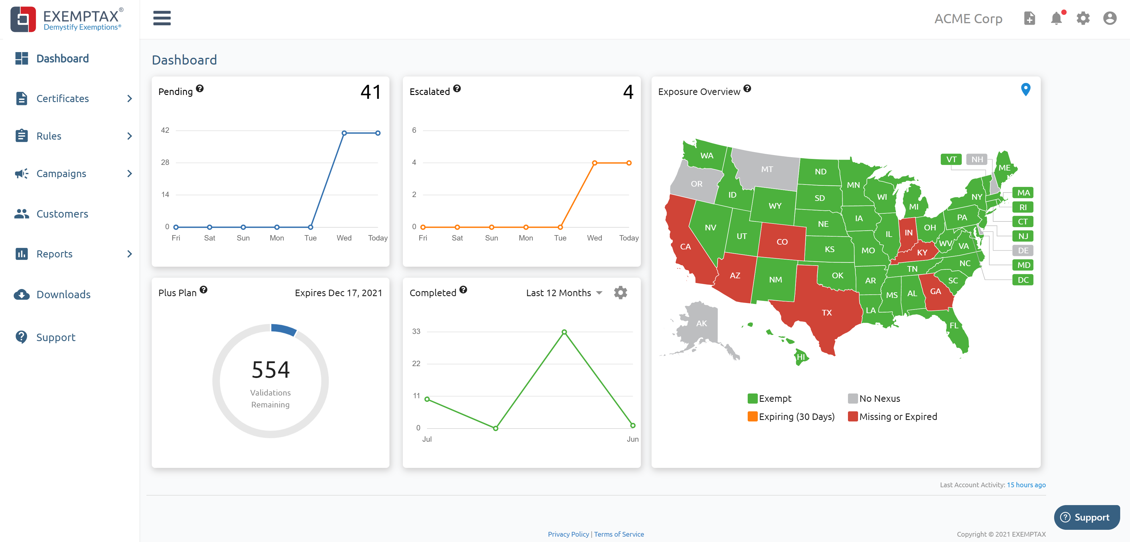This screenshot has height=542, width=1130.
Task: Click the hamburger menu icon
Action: pos(162,18)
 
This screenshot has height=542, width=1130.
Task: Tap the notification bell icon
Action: pos(1056,18)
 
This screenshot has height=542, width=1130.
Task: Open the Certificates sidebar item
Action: pos(63,99)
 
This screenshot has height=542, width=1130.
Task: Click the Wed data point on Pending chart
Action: pos(344,133)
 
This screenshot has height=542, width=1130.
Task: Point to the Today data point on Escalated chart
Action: pos(629,163)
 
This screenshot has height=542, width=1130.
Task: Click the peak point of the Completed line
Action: pos(564,332)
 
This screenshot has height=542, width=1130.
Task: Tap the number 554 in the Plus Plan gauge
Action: pos(271,370)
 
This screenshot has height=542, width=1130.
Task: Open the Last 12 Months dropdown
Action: pos(564,293)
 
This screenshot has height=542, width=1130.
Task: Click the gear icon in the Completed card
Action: pos(620,293)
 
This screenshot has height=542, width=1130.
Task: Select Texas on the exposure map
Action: pos(827,313)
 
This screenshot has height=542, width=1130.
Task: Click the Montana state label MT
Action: pos(767,169)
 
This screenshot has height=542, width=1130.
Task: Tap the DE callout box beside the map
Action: pos(1023,251)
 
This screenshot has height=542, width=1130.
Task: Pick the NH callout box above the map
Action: pos(976,159)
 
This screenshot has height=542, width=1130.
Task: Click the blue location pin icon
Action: pos(1026,90)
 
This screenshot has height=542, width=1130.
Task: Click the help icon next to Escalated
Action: pos(457,89)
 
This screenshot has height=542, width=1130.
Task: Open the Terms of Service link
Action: pos(619,534)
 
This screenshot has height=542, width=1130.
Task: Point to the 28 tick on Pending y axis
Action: pos(165,163)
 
